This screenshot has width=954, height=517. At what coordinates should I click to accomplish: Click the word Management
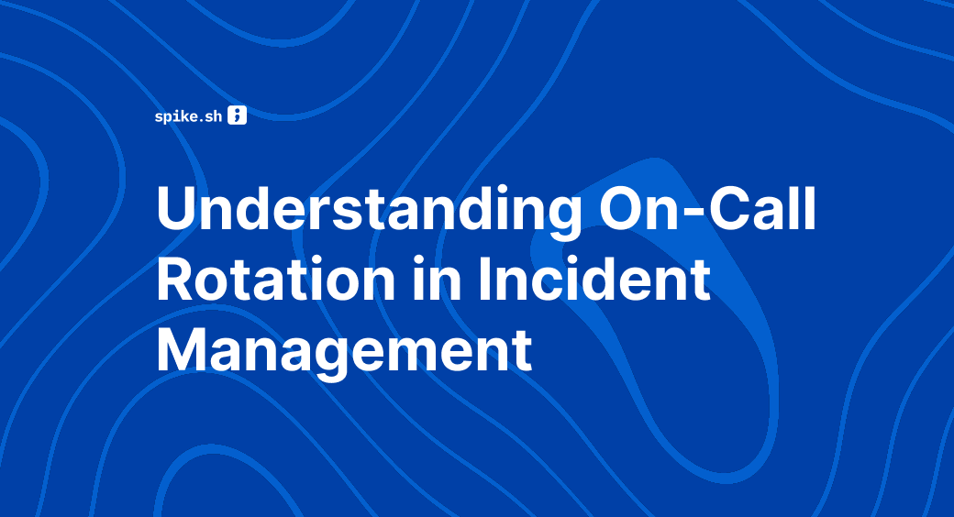344,349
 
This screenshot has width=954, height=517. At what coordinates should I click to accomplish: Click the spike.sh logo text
189,116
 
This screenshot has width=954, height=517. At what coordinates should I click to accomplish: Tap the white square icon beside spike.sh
237,115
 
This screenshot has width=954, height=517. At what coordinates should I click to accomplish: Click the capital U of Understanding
177,214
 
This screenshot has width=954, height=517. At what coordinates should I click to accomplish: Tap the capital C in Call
731,214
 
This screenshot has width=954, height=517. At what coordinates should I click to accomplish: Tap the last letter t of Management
522,350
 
